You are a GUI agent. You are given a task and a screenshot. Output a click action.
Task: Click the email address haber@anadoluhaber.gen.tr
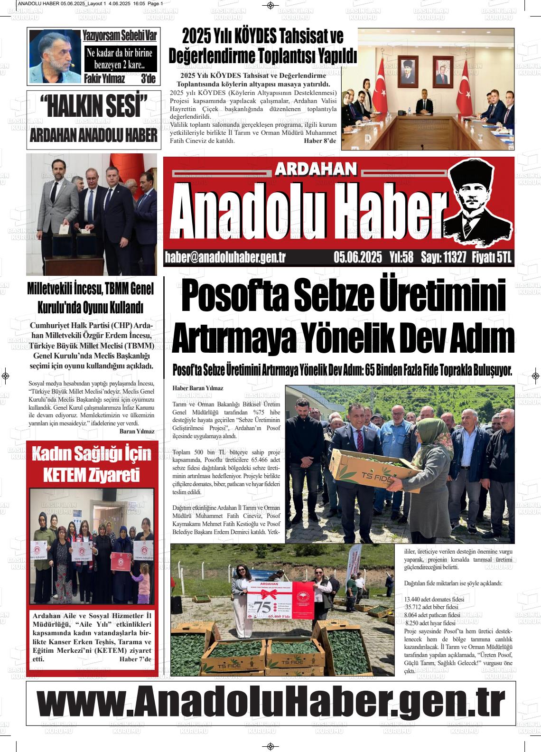coord(224,257)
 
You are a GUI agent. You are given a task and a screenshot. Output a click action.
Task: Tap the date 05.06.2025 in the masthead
coord(357,257)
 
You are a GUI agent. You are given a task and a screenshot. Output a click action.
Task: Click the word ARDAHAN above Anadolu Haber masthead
coord(316,169)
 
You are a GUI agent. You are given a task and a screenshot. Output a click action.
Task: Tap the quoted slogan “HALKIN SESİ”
coord(93,106)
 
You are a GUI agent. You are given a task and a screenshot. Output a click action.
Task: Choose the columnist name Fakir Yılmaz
coord(104,79)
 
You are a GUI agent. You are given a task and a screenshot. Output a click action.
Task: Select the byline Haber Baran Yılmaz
coord(197,388)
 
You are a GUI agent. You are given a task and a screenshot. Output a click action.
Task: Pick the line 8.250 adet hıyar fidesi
coord(430,623)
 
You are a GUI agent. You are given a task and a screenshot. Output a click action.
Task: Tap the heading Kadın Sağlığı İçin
coord(92,454)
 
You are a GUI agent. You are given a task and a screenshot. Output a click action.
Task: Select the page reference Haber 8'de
coord(320,141)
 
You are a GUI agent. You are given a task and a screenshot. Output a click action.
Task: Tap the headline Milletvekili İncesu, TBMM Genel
coord(91,289)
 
